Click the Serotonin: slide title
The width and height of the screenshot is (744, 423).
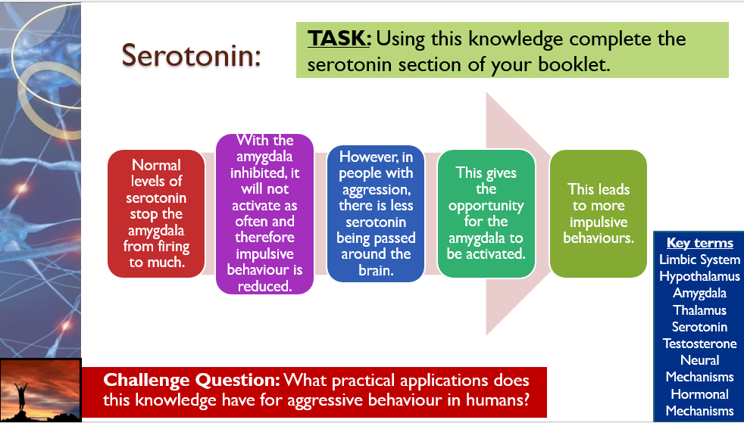[x=191, y=55]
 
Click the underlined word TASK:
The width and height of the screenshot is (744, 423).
[x=339, y=39]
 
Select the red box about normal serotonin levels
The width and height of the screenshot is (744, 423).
[x=156, y=213]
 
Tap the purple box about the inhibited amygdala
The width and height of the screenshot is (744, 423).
[x=264, y=213]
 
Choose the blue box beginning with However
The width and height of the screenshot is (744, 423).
[x=376, y=213]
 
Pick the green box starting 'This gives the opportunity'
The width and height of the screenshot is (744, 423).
[x=486, y=213]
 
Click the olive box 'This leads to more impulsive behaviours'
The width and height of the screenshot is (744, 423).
[x=599, y=213]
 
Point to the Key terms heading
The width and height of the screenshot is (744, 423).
[x=700, y=243]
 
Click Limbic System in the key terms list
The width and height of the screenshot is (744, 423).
[x=699, y=260]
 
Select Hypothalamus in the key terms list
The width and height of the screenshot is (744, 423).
[x=699, y=276]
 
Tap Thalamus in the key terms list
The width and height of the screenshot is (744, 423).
[x=699, y=310]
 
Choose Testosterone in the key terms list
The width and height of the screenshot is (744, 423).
[x=699, y=344]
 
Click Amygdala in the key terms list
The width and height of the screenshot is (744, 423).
[x=699, y=293]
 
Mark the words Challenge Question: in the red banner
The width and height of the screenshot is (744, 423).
[x=191, y=381]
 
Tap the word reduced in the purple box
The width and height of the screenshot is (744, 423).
[x=264, y=286]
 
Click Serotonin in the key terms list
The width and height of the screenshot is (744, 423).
[x=699, y=327]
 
